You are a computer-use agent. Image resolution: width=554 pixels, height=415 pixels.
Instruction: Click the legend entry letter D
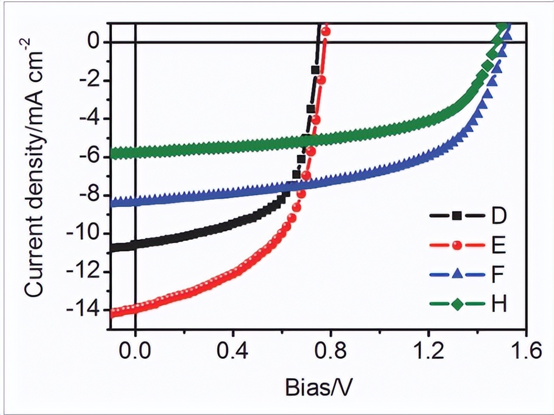pyautogui.click(x=498, y=216)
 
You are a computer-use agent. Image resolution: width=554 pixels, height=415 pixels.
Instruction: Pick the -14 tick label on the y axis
pyautogui.click(x=87, y=311)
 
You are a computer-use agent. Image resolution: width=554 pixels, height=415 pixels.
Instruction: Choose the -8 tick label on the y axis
pyautogui.click(x=91, y=196)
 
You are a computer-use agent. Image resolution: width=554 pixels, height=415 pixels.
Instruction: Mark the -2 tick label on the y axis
pyautogui.click(x=91, y=81)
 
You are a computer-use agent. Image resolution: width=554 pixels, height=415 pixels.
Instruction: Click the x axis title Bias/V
pyautogui.click(x=319, y=387)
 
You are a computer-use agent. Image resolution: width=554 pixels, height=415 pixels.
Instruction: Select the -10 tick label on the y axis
pyautogui.click(x=87, y=234)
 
